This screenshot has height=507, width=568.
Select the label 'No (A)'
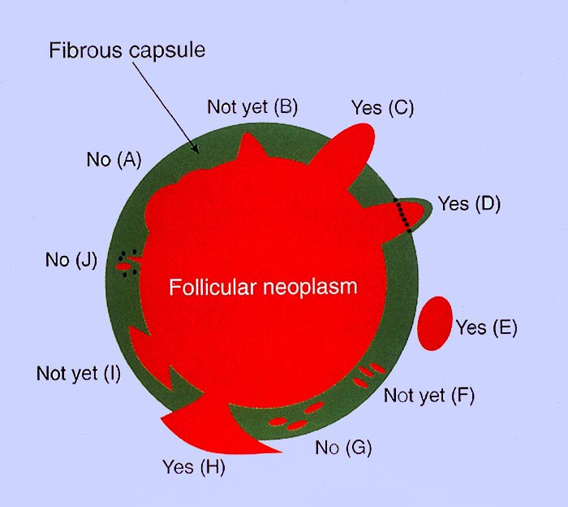tap(114, 159)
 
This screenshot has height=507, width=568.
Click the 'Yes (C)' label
tap(383, 107)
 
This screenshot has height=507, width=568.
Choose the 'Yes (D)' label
tap(468, 203)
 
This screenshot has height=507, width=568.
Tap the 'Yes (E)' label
tap(486, 327)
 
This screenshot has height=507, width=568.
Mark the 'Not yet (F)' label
tap(428, 396)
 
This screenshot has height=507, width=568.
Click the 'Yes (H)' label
tap(193, 467)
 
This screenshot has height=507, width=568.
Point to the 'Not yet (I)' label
tap(78, 374)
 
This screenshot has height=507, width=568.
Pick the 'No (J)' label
tap(71, 260)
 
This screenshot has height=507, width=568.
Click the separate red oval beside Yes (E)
tap(435, 323)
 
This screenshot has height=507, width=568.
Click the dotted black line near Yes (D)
tap(402, 215)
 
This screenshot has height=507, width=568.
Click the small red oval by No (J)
tap(123, 265)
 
